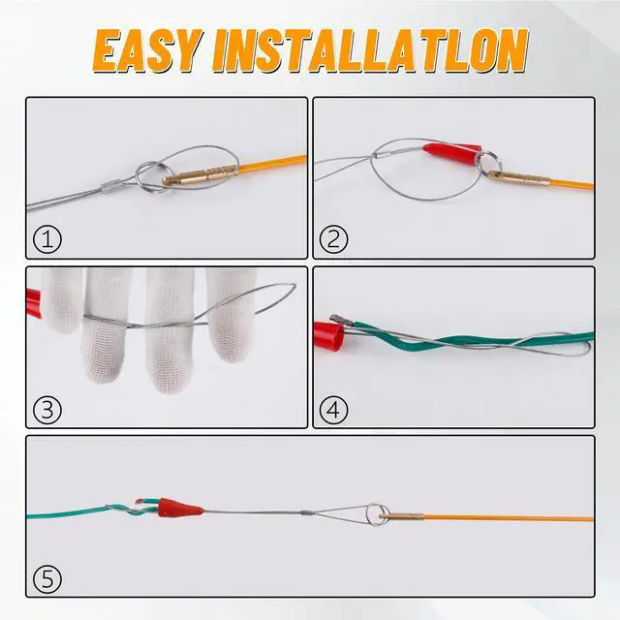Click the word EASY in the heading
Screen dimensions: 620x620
pyautogui.click(x=147, y=51)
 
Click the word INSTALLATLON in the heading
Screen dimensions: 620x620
pyautogui.click(x=370, y=51)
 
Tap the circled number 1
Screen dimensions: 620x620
pyautogui.click(x=47, y=239)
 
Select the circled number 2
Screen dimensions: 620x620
pyautogui.click(x=333, y=239)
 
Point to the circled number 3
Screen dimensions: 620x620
pyautogui.click(x=47, y=410)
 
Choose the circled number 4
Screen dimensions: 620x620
pyautogui.click(x=333, y=410)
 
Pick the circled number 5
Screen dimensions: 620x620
pyautogui.click(x=47, y=579)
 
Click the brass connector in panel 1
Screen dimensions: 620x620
pyautogui.click(x=200, y=175)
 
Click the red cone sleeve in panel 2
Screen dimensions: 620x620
pyautogui.click(x=452, y=153)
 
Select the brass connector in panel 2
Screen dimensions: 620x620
pyautogui.click(x=518, y=178)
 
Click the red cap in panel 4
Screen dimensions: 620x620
pyautogui.click(x=329, y=337)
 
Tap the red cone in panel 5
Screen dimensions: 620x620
pyautogui.click(x=180, y=508)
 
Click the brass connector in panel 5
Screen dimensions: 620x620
pyautogui.click(x=402, y=515)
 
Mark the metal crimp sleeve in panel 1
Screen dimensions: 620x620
pyautogui.click(x=112, y=185)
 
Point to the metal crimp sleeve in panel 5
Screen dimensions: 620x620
pyautogui.click(x=307, y=512)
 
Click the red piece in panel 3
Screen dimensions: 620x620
pyautogui.click(x=34, y=303)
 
